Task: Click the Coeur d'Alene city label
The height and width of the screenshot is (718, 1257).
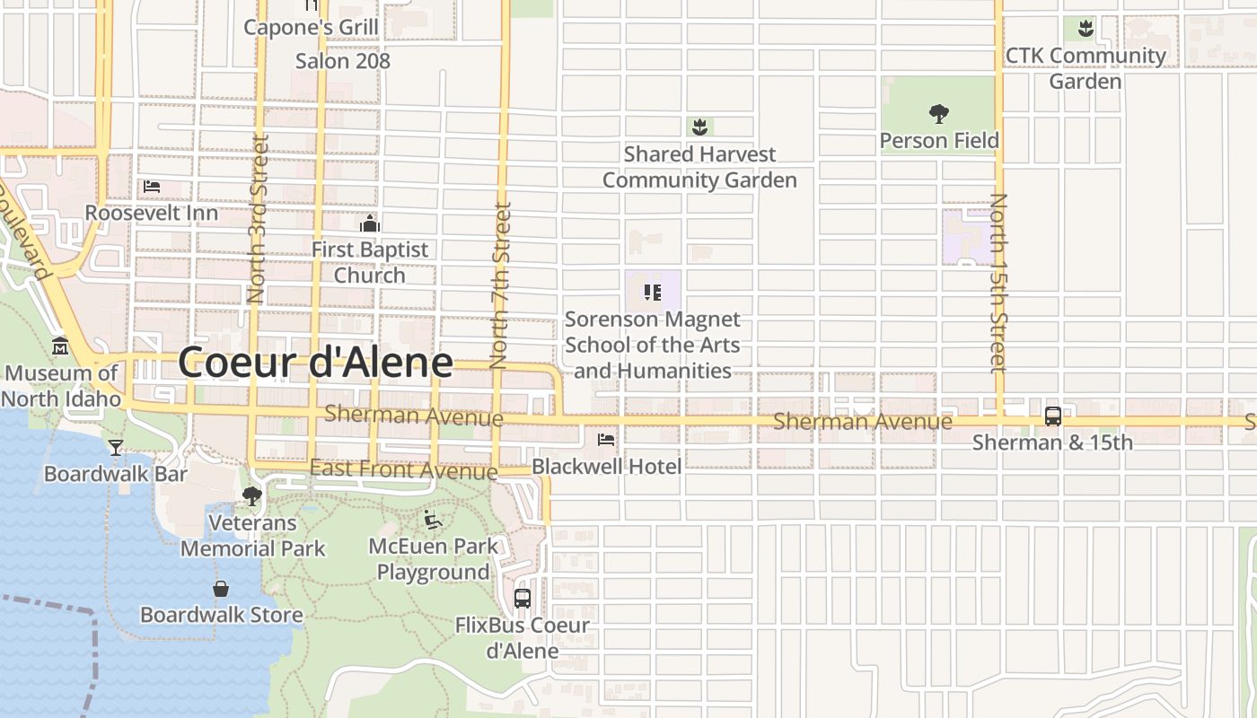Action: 315,363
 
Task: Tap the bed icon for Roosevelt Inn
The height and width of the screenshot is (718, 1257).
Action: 152,187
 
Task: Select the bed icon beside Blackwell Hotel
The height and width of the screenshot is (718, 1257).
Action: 606,440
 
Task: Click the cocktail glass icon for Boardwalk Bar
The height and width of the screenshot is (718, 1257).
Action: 116,448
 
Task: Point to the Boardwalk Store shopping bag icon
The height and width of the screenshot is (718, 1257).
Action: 221,589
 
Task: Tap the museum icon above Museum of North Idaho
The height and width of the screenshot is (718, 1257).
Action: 60,346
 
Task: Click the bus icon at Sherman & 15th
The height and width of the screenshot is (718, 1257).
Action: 1052,416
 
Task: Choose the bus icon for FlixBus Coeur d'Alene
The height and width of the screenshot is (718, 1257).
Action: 523,598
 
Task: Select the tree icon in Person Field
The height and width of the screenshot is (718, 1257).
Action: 938,114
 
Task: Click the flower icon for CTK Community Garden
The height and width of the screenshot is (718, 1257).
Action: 1086,29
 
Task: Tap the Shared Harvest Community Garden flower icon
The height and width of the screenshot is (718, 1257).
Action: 699,127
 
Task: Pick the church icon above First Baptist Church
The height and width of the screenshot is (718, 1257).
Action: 369,223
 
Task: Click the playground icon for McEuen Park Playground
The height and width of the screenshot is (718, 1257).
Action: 433,520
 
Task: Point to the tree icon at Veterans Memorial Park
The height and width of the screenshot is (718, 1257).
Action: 252,495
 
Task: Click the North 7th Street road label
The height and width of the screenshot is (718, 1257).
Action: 500,285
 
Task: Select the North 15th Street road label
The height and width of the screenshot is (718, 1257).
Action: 998,282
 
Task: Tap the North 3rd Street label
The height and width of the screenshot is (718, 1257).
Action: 258,218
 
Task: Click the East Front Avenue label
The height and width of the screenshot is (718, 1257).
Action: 403,469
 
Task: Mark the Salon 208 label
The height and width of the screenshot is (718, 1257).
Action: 343,61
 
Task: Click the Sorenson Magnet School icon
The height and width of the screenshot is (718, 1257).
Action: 653,292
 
